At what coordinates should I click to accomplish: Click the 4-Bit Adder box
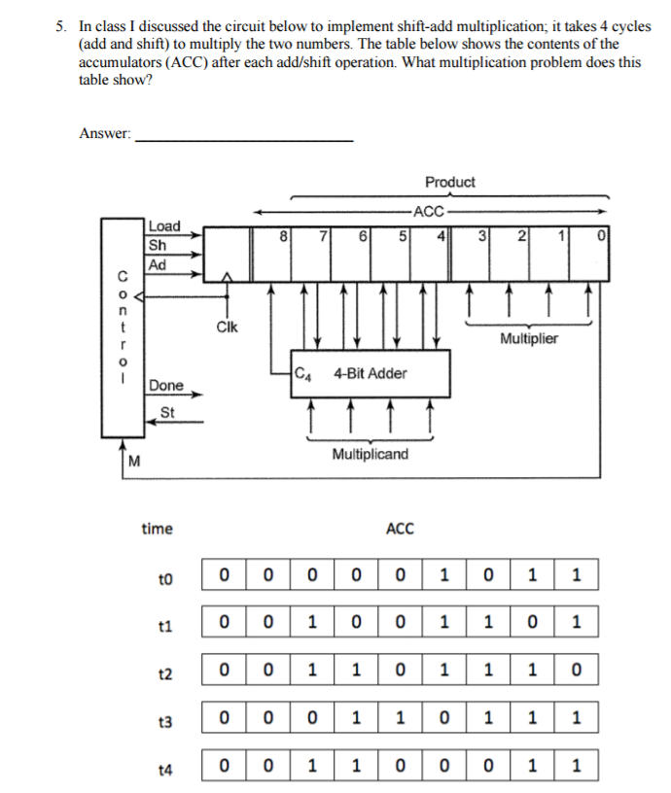click(371, 374)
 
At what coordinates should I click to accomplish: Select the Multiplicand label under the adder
click(371, 454)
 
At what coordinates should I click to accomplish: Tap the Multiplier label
click(529, 339)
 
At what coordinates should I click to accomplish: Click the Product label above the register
click(450, 182)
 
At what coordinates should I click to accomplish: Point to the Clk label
click(226, 328)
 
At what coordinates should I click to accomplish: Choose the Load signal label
click(164, 225)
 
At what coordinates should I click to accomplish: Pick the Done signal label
click(166, 386)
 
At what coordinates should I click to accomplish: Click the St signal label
click(166, 412)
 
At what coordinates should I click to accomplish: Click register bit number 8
click(283, 234)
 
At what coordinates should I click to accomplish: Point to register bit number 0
click(603, 234)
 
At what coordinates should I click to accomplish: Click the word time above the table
click(157, 529)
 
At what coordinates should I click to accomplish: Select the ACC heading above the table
click(400, 529)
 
